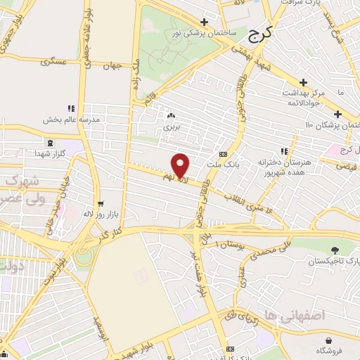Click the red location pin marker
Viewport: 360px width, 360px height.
181,166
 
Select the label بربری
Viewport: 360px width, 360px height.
172,127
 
